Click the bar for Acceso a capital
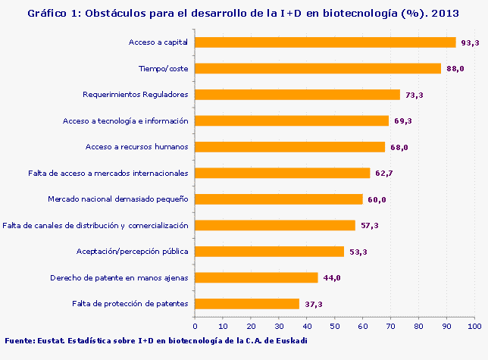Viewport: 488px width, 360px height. tap(326, 42)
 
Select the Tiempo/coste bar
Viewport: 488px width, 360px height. tap(318, 68)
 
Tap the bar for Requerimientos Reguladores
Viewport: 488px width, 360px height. tap(298, 95)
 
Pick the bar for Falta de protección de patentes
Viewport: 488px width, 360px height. tap(248, 304)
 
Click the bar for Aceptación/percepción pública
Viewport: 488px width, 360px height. tap(270, 252)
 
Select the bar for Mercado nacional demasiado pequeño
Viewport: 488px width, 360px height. tap(280, 199)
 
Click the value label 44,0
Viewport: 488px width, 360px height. tap(332, 278)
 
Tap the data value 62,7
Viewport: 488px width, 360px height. tap(384, 174)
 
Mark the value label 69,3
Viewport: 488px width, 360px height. tap(402, 121)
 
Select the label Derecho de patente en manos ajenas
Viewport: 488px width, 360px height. tap(119, 277)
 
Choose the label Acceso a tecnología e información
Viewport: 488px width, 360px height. tap(125, 121)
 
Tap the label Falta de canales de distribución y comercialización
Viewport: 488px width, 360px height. tap(95, 225)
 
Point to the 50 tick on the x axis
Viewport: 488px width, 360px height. tap(335, 326)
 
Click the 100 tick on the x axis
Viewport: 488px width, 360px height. tap(474, 326)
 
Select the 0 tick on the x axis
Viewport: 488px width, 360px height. tap(196, 326)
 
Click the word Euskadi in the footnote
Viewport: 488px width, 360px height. tap(291, 340)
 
